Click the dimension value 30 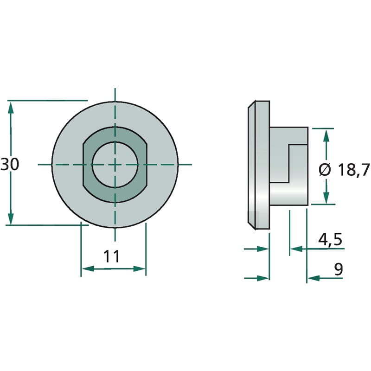tap(10, 165)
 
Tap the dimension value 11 tap(112, 256)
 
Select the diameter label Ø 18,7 tap(344, 170)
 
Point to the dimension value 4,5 tap(330, 239)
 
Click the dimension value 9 tap(339, 269)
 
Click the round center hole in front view tap(115, 165)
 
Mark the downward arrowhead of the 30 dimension tap(11, 218)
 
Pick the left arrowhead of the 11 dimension tap(88, 269)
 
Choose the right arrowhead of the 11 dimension tap(139, 269)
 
